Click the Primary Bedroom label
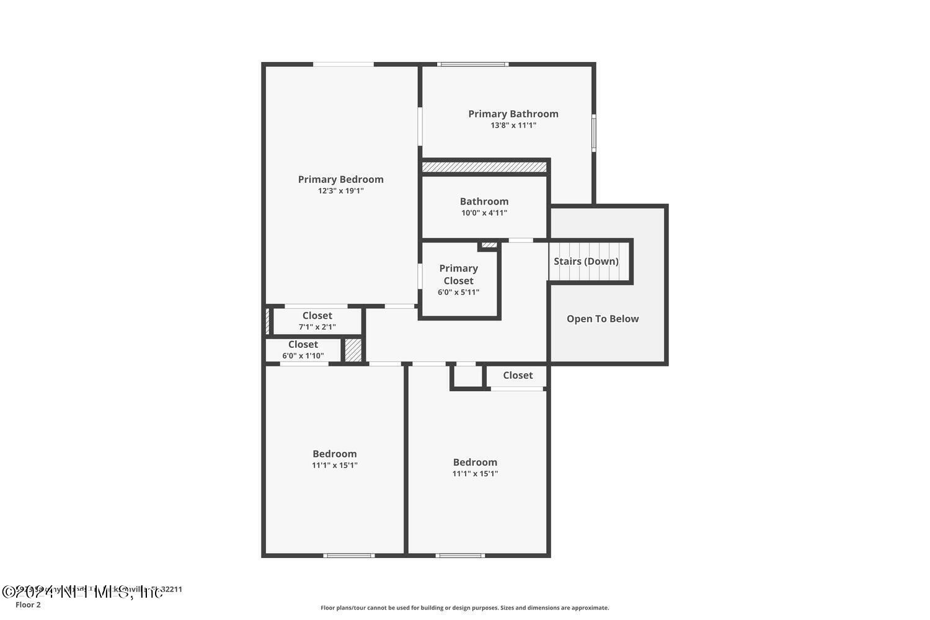tap(340, 179)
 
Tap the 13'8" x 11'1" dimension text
tap(513, 125)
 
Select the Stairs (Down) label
tap(586, 261)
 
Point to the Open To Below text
tap(602, 319)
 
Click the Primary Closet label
tap(458, 274)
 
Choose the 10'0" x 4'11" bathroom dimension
tap(484, 213)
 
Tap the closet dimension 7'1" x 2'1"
tap(317, 327)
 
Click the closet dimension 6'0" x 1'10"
tap(303, 356)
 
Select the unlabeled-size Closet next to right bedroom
tap(517, 375)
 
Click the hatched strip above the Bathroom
tap(484, 167)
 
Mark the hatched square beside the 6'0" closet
tap(353, 350)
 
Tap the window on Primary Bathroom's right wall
tap(593, 133)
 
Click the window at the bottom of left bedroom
tap(349, 556)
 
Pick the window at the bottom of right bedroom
tap(459, 556)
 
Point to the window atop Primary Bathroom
tap(473, 64)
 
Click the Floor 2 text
tap(28, 605)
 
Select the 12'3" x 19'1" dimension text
tap(340, 191)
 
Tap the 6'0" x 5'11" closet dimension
tap(458, 292)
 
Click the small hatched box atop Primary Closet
tap(489, 245)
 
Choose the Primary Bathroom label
tap(513, 113)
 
